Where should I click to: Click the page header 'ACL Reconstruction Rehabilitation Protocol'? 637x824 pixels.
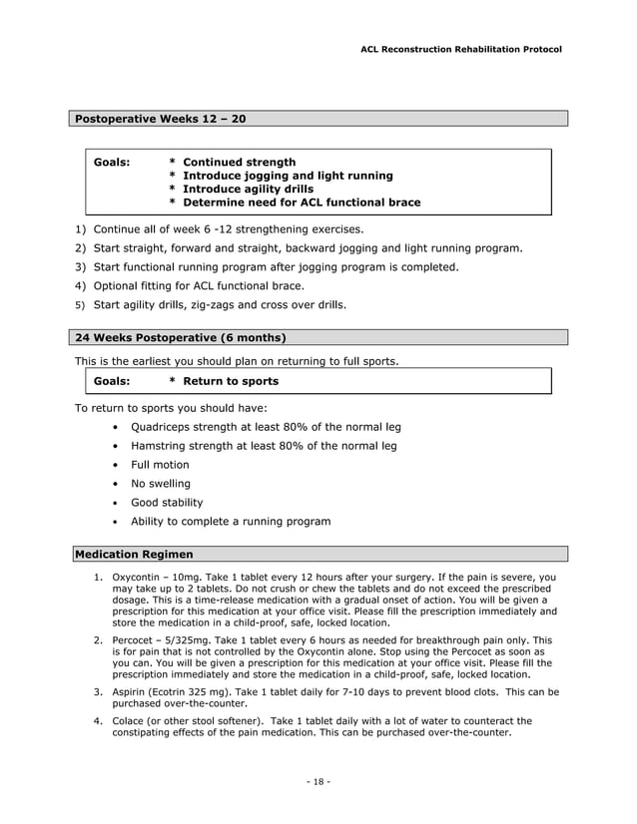click(460, 49)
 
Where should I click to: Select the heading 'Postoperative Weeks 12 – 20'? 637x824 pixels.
click(161, 119)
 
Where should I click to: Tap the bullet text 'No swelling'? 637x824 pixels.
click(161, 484)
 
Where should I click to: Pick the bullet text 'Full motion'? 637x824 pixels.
click(160, 465)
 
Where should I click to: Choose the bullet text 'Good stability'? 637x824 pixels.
click(167, 503)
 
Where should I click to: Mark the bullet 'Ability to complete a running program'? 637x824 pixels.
click(231, 522)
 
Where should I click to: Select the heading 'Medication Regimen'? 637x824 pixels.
click(135, 554)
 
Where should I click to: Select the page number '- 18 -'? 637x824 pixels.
click(318, 780)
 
